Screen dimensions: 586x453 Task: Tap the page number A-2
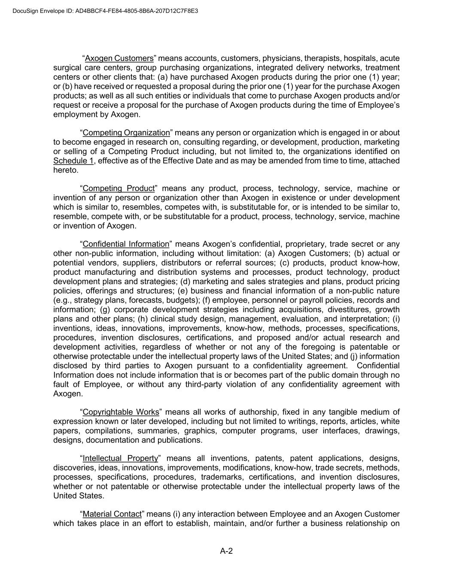pyautogui.click(x=226, y=551)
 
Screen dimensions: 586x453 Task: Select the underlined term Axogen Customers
pyautogui.click(x=119, y=58)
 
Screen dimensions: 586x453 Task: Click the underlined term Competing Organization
pyautogui.click(x=126, y=133)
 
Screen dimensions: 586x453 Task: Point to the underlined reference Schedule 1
pyautogui.click(x=73, y=161)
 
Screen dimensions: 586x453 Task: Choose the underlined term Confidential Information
pyautogui.click(x=126, y=244)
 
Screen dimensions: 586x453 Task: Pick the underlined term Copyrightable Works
pyautogui.click(x=121, y=412)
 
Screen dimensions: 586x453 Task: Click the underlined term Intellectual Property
pyautogui.click(x=120, y=458)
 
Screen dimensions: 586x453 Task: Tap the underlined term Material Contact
pyautogui.click(x=112, y=514)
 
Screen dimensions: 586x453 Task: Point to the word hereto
pyautogui.click(x=66, y=170)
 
